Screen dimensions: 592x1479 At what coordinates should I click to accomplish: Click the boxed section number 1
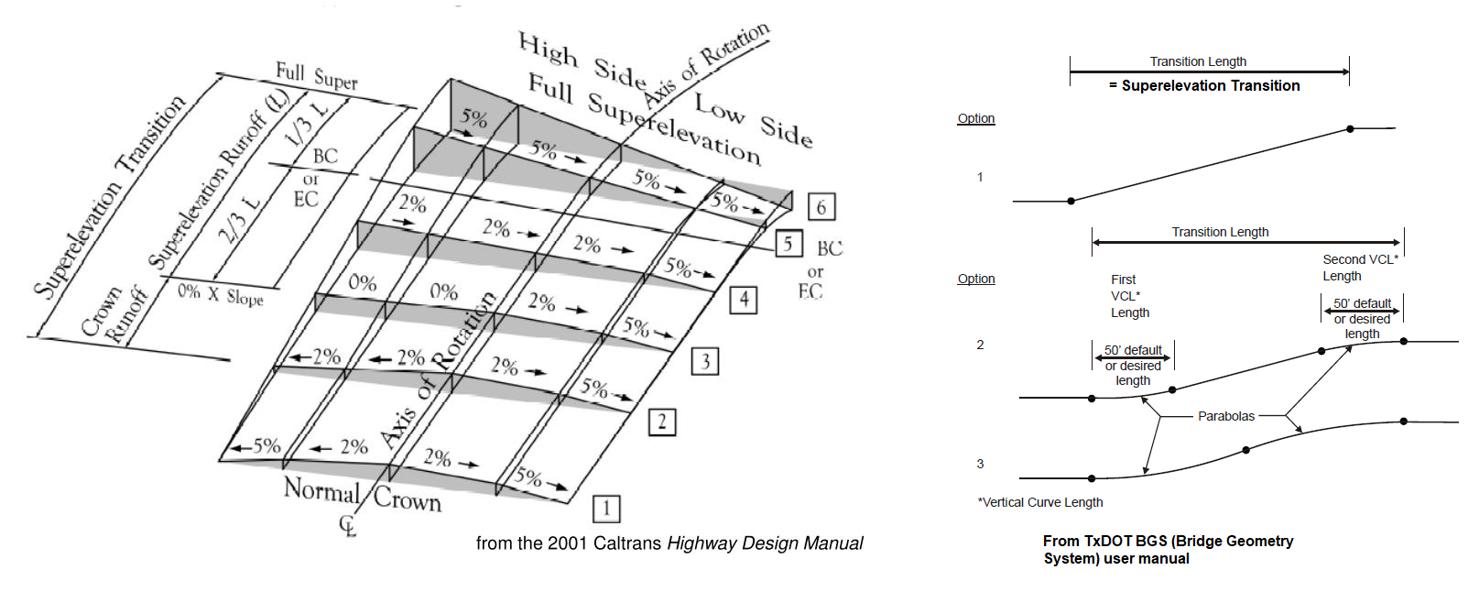pyautogui.click(x=606, y=509)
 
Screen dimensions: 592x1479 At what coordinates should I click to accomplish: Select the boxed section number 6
pyautogui.click(x=821, y=207)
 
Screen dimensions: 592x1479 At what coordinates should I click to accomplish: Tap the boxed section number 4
pyautogui.click(x=744, y=300)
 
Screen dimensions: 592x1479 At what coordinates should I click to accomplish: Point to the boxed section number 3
pyautogui.click(x=705, y=361)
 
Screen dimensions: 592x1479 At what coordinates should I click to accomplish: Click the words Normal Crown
pyautogui.click(x=363, y=495)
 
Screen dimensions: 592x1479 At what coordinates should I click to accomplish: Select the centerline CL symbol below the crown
pyautogui.click(x=348, y=526)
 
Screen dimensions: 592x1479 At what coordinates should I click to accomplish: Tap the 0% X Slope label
pyautogui.click(x=220, y=295)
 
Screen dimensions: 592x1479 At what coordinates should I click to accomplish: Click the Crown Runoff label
pyautogui.click(x=114, y=314)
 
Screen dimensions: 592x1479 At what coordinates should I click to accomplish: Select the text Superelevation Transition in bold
pyautogui.click(x=1210, y=85)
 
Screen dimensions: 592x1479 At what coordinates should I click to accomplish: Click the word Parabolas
pyautogui.click(x=1226, y=416)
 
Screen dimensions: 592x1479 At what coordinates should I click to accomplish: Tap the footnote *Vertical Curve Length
pyautogui.click(x=1040, y=502)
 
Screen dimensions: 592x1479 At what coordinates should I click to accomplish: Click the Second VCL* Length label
pyautogui.click(x=1359, y=268)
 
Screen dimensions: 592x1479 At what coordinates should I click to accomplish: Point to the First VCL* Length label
pyautogui.click(x=1129, y=296)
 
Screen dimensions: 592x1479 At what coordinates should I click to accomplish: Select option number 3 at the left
pyautogui.click(x=980, y=464)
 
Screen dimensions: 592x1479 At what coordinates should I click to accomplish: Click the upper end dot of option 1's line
pyautogui.click(x=1350, y=129)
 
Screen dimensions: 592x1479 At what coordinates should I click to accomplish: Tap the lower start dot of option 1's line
pyautogui.click(x=1071, y=201)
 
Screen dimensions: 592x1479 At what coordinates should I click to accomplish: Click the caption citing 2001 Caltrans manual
pyautogui.click(x=669, y=543)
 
